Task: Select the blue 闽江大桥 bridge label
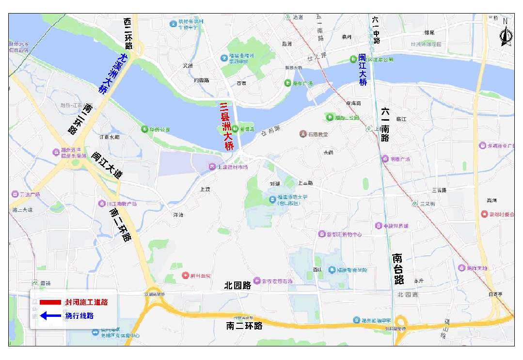(363, 70)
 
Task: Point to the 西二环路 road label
(128, 34)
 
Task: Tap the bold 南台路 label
(398, 269)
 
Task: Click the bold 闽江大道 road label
(107, 165)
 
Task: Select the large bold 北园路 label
(238, 285)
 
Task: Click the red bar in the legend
(50, 302)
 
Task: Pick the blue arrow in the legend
(50, 316)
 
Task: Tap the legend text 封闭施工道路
(86, 302)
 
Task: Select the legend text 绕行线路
(79, 316)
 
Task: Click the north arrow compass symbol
(505, 34)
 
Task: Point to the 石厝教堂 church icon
(303, 134)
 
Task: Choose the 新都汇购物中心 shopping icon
(321, 234)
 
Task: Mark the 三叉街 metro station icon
(415, 203)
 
